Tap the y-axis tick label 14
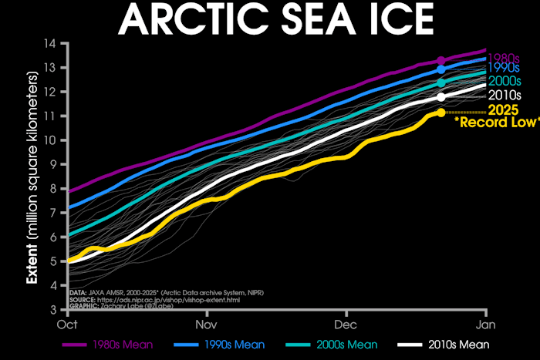(54, 42)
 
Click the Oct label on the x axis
(69, 324)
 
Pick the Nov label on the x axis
(208, 324)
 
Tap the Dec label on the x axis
(346, 324)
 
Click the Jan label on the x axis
(485, 324)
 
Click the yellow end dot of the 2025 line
(440, 113)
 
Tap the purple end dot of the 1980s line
(441, 60)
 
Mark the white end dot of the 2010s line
(441, 96)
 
